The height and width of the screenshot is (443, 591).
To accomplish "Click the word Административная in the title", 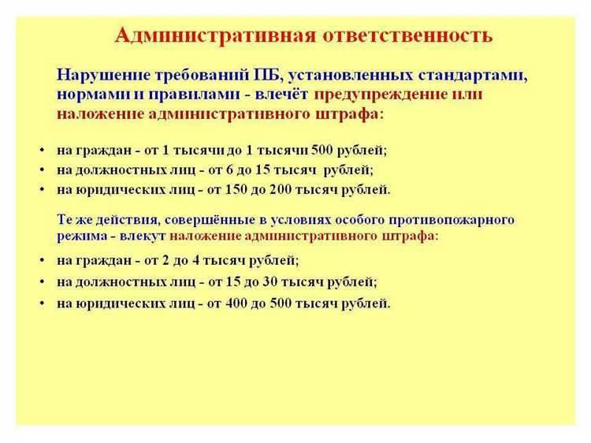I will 216,35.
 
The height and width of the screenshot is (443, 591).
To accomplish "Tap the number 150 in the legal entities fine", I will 240,189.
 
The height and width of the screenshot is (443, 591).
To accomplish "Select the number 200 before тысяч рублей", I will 291,189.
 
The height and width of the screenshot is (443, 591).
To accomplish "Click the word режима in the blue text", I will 77,235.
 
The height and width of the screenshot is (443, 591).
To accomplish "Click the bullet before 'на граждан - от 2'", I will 41,260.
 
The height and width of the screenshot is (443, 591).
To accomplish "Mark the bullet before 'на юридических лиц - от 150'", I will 41,190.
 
